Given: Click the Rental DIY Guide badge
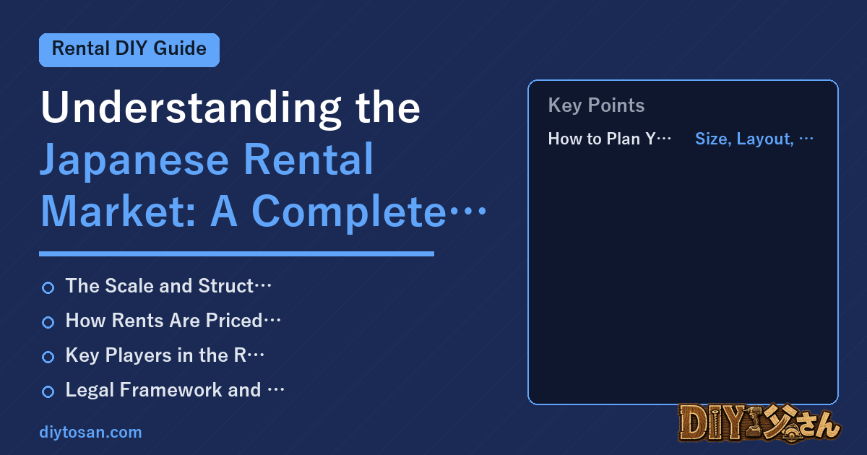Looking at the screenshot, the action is click(129, 50).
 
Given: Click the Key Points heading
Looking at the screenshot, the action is click(596, 105).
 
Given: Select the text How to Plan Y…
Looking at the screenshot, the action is click(610, 139).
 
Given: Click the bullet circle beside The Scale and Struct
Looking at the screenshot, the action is click(48, 287).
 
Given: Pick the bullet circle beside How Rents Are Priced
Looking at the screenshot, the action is click(48, 322).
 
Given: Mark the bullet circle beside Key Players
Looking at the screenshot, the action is click(48, 357).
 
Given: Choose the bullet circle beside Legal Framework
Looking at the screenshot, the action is click(48, 391).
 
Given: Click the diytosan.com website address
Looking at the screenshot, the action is click(90, 432).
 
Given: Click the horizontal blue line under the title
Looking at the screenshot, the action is click(236, 253).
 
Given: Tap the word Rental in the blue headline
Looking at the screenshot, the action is click(309, 159).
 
